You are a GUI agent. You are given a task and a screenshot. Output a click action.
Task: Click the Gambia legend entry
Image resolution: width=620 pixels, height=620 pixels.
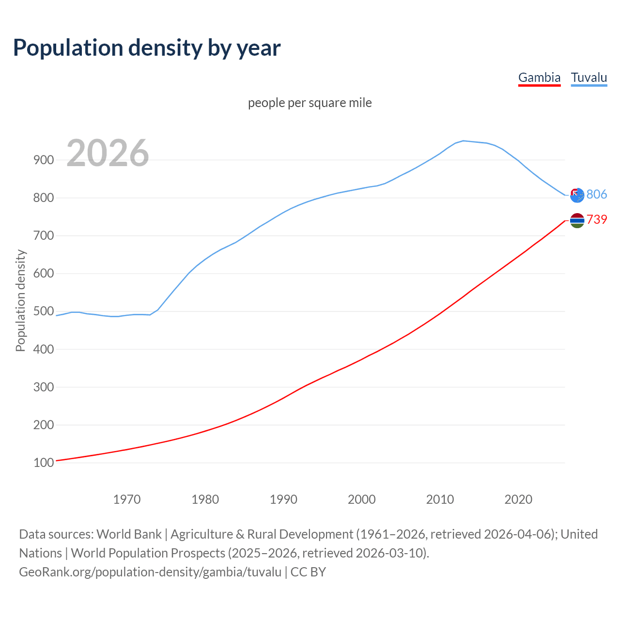click(539, 77)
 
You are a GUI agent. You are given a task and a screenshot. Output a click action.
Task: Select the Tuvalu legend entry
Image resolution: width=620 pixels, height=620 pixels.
click(589, 77)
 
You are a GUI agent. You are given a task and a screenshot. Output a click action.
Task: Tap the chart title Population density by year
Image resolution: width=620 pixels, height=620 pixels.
click(147, 48)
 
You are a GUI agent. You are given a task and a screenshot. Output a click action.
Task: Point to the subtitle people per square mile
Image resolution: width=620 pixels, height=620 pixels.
click(310, 103)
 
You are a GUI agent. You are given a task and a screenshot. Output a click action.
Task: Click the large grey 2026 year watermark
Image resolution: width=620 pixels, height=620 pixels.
click(108, 153)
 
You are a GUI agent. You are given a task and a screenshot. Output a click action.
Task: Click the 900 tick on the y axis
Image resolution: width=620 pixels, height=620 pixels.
click(44, 160)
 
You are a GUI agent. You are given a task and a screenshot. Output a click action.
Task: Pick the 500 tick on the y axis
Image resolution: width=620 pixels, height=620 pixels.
click(44, 311)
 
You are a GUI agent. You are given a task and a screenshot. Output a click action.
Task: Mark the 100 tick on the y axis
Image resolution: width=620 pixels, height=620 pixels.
click(44, 463)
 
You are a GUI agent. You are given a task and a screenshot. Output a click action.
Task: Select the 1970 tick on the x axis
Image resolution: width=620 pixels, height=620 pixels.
click(127, 499)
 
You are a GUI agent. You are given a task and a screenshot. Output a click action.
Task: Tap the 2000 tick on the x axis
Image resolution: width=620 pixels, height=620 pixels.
click(362, 499)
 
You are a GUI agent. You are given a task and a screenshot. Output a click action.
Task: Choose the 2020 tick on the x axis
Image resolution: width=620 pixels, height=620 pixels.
click(518, 499)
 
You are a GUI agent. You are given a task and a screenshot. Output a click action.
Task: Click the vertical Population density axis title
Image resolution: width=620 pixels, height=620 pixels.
click(20, 300)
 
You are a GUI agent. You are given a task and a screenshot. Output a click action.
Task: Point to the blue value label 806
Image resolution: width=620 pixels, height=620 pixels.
click(597, 194)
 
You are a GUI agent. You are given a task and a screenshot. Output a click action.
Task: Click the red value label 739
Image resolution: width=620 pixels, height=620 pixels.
click(597, 219)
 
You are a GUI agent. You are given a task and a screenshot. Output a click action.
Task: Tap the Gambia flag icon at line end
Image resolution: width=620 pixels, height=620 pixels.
click(577, 220)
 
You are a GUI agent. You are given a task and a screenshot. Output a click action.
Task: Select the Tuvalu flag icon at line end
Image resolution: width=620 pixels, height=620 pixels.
click(577, 195)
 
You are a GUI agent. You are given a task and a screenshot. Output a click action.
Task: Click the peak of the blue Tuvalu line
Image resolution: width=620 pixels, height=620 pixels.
click(464, 141)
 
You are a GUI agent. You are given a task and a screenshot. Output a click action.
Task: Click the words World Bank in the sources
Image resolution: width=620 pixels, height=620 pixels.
click(129, 534)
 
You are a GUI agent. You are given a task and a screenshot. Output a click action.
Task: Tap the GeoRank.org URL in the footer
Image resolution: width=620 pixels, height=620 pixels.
click(150, 572)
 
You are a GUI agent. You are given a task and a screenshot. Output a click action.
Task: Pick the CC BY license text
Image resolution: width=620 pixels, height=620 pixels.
click(308, 572)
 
